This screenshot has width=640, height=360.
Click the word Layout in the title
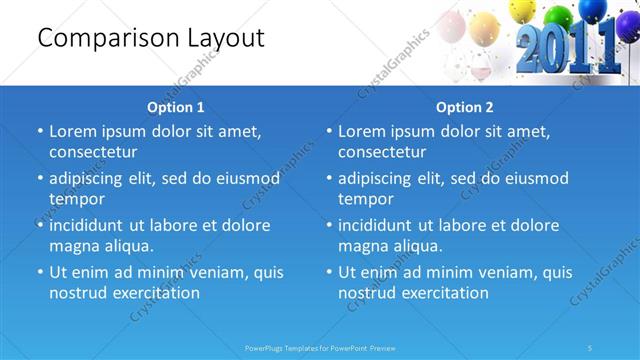coord(226,39)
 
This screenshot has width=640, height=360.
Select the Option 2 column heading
coord(465,107)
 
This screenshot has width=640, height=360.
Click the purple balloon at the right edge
coord(627,24)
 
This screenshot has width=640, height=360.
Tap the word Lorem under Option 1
coord(74,131)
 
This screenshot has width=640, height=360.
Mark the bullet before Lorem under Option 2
coord(329,131)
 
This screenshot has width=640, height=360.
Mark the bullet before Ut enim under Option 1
coord(40,272)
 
